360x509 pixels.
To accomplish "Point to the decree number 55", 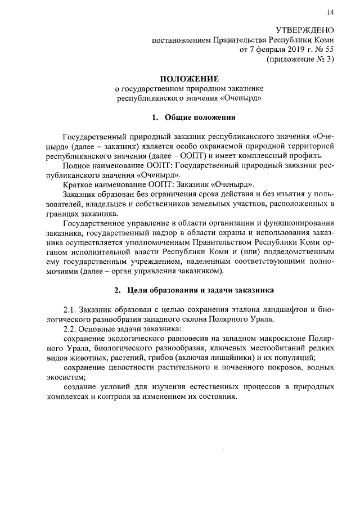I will coord(328,51).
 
